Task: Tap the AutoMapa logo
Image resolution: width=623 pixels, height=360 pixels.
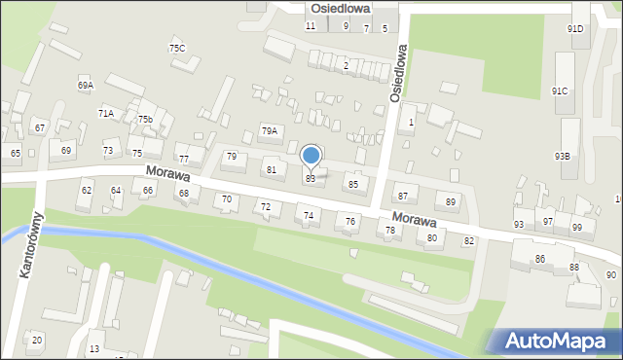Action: point(553,341)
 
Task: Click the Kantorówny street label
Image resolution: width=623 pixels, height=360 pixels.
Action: point(31,245)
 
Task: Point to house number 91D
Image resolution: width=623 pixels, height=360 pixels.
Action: point(575,29)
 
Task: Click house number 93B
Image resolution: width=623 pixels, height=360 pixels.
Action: point(563,156)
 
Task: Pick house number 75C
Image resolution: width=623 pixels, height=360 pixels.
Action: point(176,48)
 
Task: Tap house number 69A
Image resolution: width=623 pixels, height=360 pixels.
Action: point(86,86)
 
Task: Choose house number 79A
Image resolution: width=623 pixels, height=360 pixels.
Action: point(269,130)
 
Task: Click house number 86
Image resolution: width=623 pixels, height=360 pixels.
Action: point(539,259)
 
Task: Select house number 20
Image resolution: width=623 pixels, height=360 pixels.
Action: point(37,340)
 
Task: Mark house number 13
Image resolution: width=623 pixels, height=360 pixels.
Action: point(94,348)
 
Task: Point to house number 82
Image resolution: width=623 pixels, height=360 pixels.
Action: point(468,240)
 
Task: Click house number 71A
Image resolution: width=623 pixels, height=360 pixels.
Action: point(105,114)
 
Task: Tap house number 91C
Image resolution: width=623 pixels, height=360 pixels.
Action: point(559,91)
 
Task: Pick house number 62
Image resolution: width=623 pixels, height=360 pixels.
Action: point(87,191)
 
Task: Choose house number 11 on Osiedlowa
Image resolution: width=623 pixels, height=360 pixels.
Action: point(311,25)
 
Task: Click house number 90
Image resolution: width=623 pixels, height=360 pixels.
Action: point(610,275)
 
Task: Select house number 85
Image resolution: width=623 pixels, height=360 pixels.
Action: point(353,184)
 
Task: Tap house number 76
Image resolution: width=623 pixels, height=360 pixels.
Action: point(349,222)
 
